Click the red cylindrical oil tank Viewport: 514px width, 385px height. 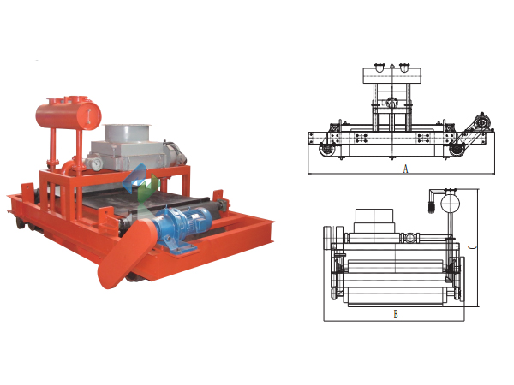pos(69,115)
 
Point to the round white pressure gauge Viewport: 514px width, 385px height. pos(97,163)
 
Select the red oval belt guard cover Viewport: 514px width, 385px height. pos(125,254)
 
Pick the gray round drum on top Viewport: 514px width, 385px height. pos(127,133)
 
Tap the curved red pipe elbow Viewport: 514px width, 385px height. pos(69,166)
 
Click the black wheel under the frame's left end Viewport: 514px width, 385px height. pos(20,223)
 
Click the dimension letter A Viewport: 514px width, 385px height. pos(405,169)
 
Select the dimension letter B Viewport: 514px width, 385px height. pos(396,314)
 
